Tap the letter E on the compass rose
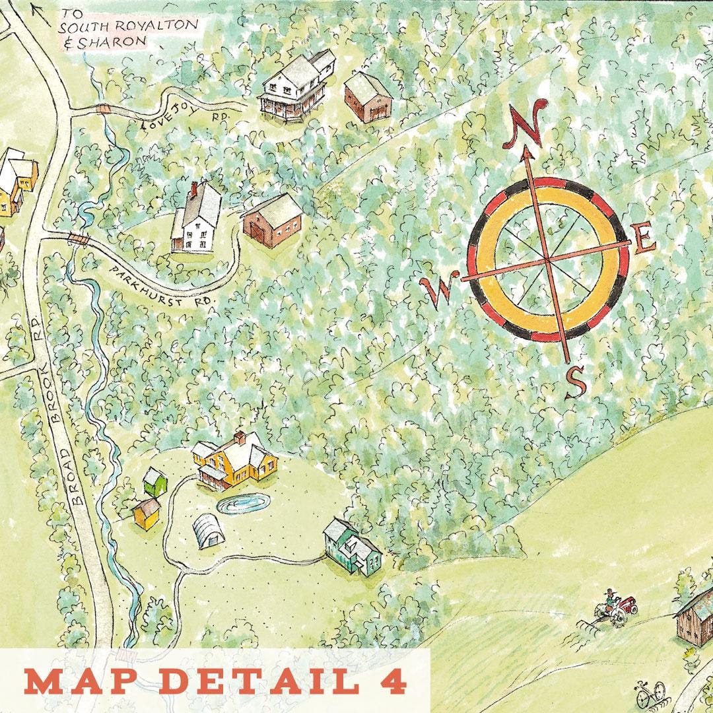coord(643,241)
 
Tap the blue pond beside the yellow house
coord(242,504)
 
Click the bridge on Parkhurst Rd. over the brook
coord(79,240)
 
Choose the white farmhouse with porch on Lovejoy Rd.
coord(296,85)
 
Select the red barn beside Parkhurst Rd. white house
coord(272,220)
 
